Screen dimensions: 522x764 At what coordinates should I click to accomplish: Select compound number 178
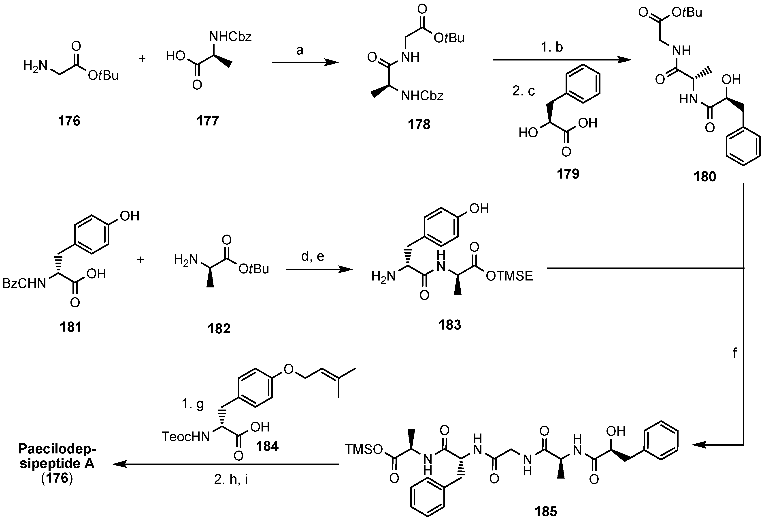point(419,124)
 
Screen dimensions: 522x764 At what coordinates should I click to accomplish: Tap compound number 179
point(568,173)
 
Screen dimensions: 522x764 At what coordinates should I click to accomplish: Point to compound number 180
point(704,177)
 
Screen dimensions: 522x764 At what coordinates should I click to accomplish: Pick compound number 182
point(219,328)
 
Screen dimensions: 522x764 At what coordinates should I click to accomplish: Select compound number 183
point(450,325)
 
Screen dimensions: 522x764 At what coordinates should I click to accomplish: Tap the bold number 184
point(267,446)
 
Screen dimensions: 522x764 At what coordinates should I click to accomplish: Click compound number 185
point(546,511)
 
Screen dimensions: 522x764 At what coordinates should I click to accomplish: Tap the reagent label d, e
point(313,256)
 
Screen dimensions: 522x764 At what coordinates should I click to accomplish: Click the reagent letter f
point(735,353)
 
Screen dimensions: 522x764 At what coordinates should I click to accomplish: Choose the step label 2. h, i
point(231,479)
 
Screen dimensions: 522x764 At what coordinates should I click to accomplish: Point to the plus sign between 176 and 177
point(142,58)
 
